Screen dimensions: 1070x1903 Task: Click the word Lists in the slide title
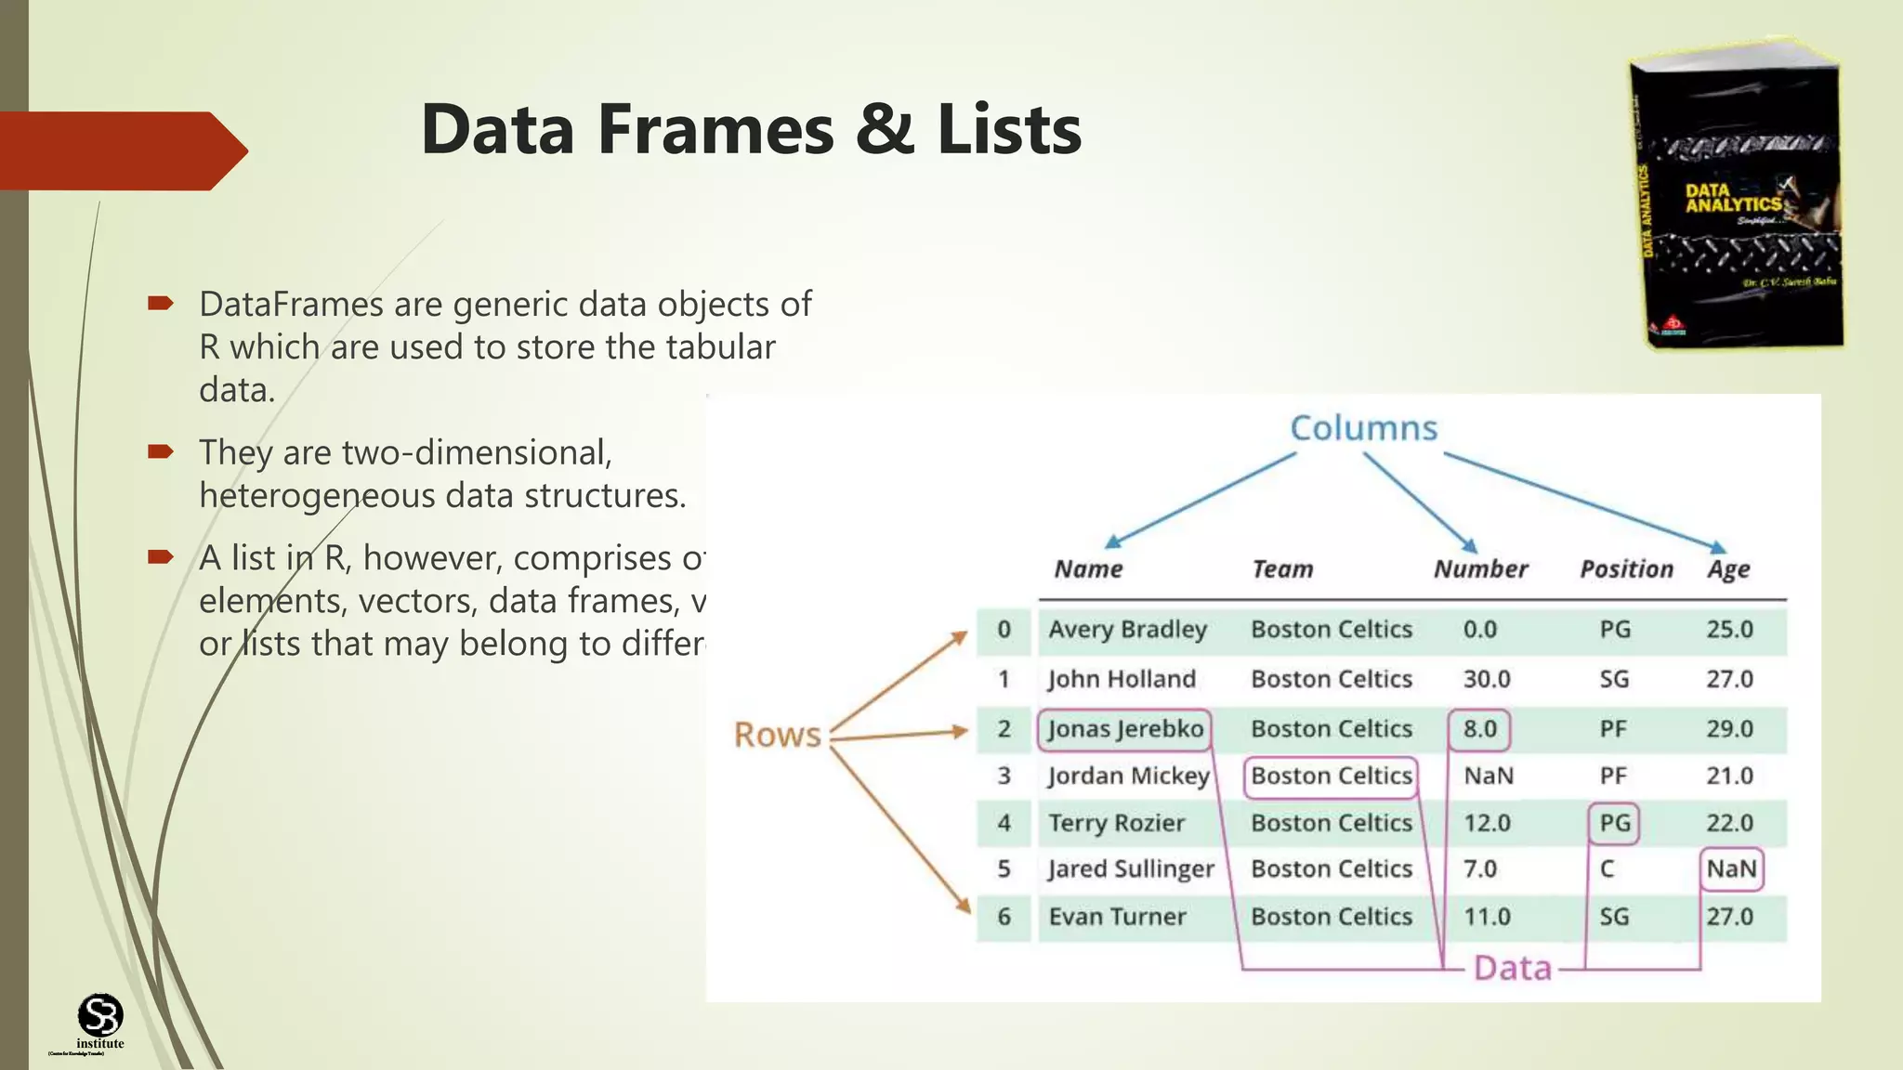pyautogui.click(x=1009, y=129)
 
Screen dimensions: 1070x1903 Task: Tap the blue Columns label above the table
pyautogui.click(x=1363, y=428)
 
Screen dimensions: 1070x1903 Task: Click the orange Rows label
pyautogui.click(x=777, y=735)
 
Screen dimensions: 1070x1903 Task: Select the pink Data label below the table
pyautogui.click(x=1513, y=968)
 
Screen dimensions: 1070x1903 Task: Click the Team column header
pyautogui.click(x=1281, y=569)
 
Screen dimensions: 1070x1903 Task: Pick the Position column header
pyautogui.click(x=1626, y=569)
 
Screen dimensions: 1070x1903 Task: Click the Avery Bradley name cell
pyautogui.click(x=1127, y=630)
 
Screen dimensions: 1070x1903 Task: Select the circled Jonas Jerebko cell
pyautogui.click(x=1124, y=729)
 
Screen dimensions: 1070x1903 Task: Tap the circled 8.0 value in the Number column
pyautogui.click(x=1479, y=729)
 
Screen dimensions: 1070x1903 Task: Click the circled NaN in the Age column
pyautogui.click(x=1731, y=869)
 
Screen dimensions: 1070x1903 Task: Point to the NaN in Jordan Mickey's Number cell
pyautogui.click(x=1488, y=776)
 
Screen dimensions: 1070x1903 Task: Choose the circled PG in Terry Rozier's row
pyautogui.click(x=1614, y=823)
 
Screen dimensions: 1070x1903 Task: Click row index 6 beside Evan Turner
pyautogui.click(x=1004, y=917)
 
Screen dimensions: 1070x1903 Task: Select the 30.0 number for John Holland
pyautogui.click(x=1486, y=679)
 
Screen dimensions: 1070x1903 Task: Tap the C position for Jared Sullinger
pyautogui.click(x=1607, y=869)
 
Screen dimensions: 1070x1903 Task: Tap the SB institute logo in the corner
pyautogui.click(x=99, y=1017)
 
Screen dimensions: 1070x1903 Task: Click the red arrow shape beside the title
pyautogui.click(x=121, y=150)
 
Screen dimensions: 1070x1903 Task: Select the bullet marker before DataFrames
pyautogui.click(x=160, y=303)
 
